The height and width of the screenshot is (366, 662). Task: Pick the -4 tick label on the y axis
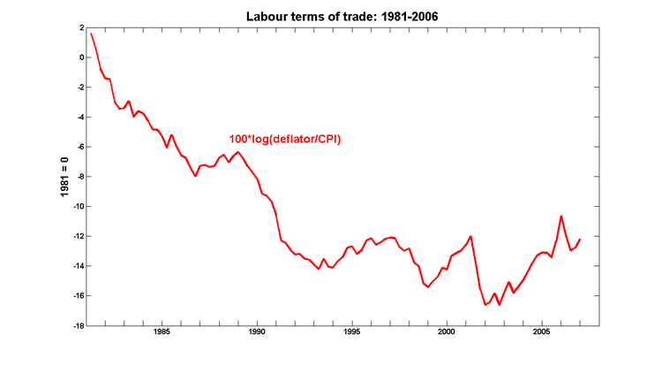pos(78,118)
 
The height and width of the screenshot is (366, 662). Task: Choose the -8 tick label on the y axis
pos(78,177)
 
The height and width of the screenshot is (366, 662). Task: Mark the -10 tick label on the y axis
pos(76,207)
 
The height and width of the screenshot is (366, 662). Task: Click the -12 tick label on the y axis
pos(76,237)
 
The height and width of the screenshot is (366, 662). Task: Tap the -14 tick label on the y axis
pos(76,266)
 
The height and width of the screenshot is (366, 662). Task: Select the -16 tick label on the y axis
pos(76,296)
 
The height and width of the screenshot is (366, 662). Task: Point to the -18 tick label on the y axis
pos(76,326)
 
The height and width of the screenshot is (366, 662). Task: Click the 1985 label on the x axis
pos(162,332)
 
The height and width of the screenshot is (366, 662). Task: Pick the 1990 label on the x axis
pos(257,332)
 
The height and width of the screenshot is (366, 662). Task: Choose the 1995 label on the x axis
pos(351,332)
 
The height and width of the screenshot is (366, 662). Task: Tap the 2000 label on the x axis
pos(447,332)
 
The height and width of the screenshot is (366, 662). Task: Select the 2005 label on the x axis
pos(541,332)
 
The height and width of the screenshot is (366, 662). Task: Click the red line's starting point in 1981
pos(90,34)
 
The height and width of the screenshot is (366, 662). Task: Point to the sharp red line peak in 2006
pos(561,216)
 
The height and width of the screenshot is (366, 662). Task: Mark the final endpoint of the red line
pos(580,240)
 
